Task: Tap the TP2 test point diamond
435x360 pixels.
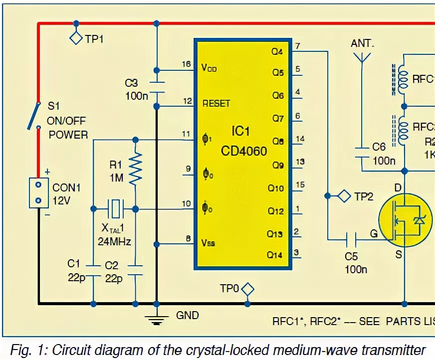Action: coord(344,196)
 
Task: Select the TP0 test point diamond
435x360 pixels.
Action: coord(247,289)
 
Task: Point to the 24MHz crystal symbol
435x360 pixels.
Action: coord(116,208)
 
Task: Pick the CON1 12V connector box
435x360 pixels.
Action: coord(38,192)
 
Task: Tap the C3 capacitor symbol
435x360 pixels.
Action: coord(157,87)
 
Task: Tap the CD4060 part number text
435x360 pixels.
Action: coord(244,151)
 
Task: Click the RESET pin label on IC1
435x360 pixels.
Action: coord(217,103)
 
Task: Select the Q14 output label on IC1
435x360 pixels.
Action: coord(274,255)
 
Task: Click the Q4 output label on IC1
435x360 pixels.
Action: coord(277,51)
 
